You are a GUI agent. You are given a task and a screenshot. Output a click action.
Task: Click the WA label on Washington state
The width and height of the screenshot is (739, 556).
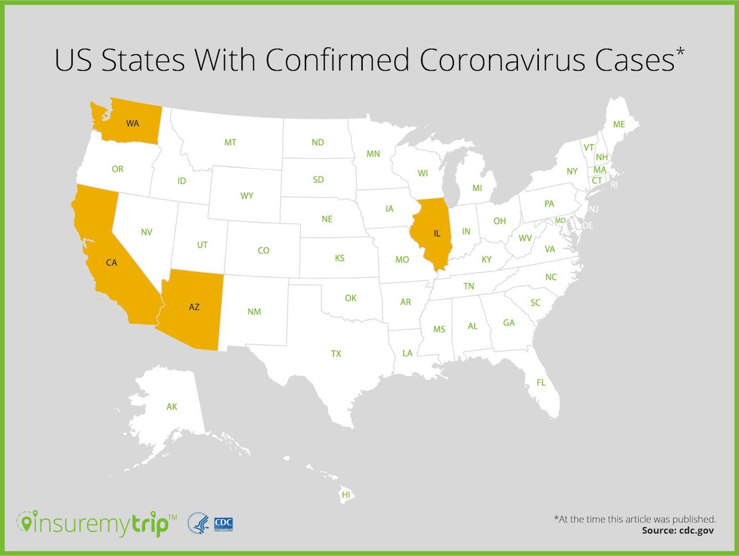pos(132,123)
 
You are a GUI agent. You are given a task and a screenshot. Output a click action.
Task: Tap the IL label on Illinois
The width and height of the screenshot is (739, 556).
pos(437,233)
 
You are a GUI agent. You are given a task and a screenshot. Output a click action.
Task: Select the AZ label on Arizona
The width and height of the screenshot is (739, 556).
pos(194,307)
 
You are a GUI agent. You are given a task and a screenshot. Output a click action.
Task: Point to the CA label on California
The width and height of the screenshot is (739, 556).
pos(111,262)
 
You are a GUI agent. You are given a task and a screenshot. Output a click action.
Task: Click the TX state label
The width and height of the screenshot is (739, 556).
pos(336,353)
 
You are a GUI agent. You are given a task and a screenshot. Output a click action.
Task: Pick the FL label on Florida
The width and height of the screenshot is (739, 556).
pos(541,382)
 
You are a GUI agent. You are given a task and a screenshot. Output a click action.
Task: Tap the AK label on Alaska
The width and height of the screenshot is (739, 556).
pos(172,406)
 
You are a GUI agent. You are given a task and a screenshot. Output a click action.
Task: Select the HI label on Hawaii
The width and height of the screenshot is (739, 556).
pos(346,494)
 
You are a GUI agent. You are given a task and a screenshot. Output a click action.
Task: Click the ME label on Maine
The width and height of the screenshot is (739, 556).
pos(619,124)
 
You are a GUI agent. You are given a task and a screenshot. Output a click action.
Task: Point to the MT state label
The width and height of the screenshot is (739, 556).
pos(230,142)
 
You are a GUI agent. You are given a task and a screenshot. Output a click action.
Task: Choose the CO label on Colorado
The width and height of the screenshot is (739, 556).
pos(264,251)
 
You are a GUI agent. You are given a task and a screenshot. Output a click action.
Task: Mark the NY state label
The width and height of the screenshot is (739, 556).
pos(572,171)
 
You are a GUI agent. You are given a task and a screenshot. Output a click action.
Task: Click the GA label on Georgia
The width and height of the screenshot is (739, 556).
pos(509,323)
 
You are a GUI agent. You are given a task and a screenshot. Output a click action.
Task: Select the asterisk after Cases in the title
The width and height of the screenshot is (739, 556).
pos(680,52)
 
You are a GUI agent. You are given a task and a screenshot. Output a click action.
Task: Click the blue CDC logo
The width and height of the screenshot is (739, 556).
pos(223,524)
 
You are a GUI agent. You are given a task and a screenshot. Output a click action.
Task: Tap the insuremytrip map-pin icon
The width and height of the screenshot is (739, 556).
pos(26,523)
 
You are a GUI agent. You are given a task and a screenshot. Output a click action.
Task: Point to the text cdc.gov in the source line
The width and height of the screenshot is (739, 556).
pos(696,530)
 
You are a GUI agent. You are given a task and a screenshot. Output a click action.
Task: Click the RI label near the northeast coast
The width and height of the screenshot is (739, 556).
pos(614,184)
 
